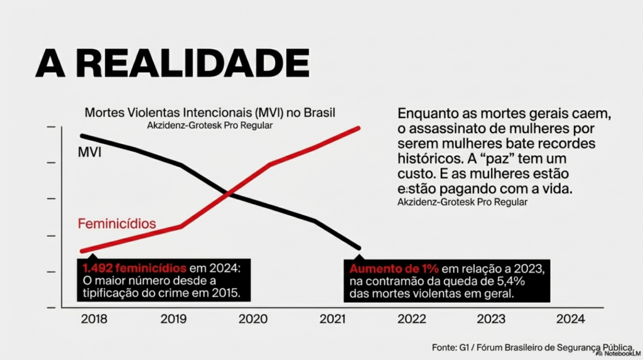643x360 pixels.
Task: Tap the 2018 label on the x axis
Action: [94, 319]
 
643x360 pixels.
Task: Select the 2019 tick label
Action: [173, 319]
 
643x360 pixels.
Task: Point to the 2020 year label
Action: [252, 319]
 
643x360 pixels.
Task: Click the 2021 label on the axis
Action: [332, 319]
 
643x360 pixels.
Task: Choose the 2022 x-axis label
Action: [412, 319]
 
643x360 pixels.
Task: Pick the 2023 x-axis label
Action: [491, 319]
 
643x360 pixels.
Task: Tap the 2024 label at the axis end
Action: [570, 319]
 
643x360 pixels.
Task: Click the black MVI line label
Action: [89, 152]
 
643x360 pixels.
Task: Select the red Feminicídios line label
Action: [117, 224]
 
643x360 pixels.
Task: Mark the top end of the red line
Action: [359, 128]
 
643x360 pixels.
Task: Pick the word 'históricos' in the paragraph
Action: [426, 157]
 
